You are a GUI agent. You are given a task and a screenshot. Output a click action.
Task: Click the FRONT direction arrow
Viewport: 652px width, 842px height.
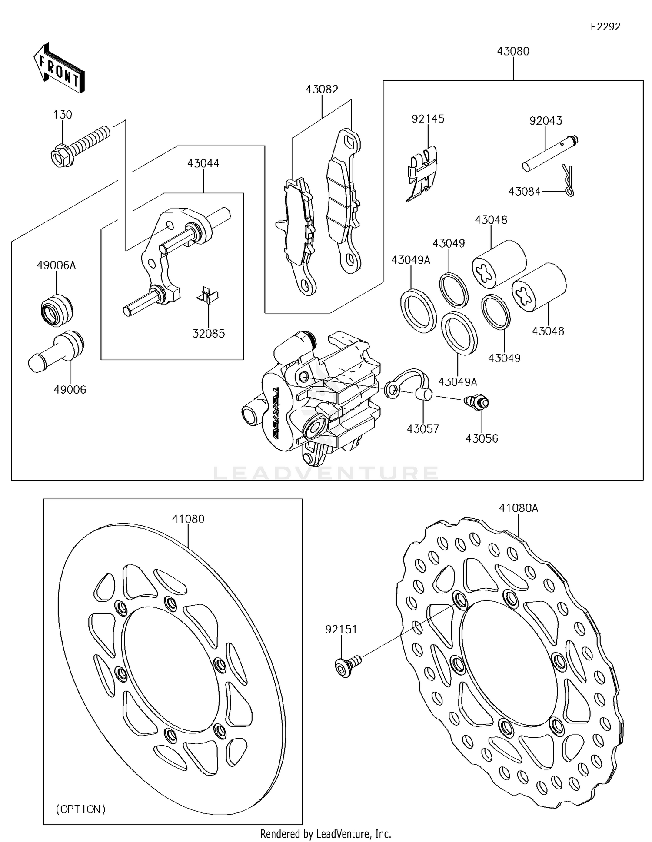point(59,68)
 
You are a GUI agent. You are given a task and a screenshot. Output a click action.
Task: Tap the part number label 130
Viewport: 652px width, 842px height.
point(63,115)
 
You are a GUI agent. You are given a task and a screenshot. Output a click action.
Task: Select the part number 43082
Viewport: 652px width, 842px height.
point(322,89)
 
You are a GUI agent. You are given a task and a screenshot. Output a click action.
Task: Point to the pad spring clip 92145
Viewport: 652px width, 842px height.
point(421,174)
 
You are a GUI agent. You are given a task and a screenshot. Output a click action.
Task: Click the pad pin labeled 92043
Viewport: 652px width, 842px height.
point(549,155)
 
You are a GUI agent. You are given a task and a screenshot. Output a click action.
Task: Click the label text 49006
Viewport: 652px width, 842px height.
point(70,390)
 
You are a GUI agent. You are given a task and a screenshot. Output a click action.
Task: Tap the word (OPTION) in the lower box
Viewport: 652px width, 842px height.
point(81,809)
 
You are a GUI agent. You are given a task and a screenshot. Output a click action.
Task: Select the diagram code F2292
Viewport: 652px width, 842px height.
point(605,27)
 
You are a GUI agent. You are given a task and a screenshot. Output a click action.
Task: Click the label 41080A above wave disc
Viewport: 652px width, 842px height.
point(518,507)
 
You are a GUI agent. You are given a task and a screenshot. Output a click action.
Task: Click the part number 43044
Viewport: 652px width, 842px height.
point(203,163)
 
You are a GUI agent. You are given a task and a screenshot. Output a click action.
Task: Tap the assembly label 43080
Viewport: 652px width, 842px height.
point(513,51)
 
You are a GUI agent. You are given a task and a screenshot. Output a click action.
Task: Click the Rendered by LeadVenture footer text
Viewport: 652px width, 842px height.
point(326,834)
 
